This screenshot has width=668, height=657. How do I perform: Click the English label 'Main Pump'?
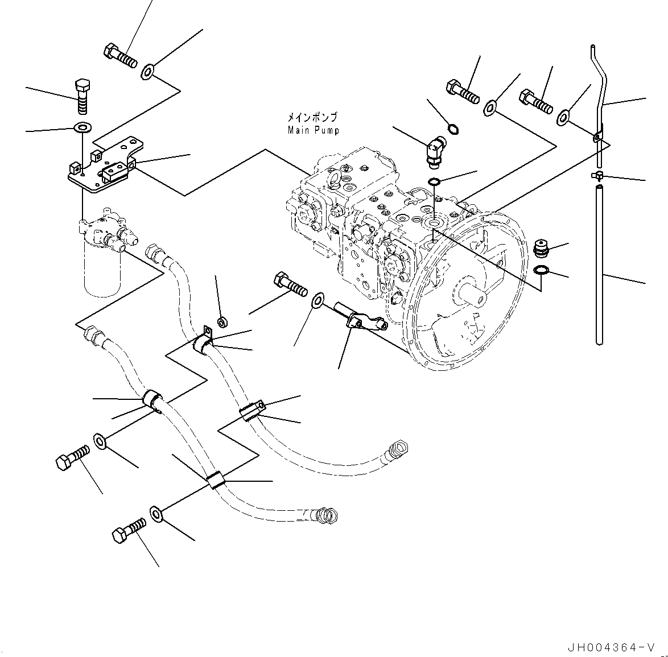(x=313, y=130)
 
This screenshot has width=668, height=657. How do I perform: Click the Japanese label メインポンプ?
(x=312, y=118)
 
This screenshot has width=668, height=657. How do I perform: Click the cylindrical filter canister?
(x=102, y=270)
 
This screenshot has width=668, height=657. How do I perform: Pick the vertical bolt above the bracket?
(x=83, y=96)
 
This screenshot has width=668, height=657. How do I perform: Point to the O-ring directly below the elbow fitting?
(x=434, y=182)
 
